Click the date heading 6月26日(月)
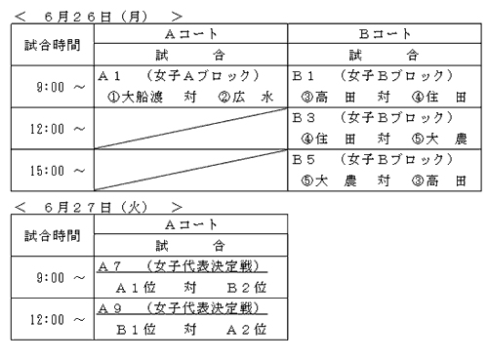(x=96, y=17)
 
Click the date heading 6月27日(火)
(x=96, y=207)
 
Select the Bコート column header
(x=385, y=34)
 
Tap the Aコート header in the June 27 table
(x=191, y=224)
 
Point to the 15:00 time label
(x=47, y=171)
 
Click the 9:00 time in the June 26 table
(x=51, y=87)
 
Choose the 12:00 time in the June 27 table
(x=47, y=320)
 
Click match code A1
(x=109, y=76)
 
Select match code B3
(x=304, y=118)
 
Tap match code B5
(x=304, y=160)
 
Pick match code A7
(x=109, y=266)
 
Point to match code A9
(x=109, y=308)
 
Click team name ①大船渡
(x=135, y=97)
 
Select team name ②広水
(x=246, y=97)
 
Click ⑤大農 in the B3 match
(x=439, y=139)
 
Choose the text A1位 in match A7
(x=136, y=288)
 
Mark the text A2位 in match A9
(x=247, y=330)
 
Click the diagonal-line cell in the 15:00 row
(x=191, y=170)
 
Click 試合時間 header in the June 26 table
(x=53, y=45)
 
